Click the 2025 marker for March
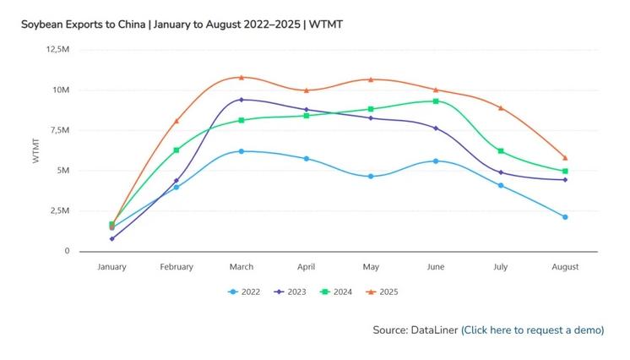click(241, 77)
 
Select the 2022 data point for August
click(565, 217)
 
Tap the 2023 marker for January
click(111, 238)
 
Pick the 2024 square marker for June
click(436, 101)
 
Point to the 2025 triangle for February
click(177, 121)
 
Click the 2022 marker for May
click(371, 177)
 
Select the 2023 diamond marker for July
click(501, 172)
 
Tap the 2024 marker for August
click(565, 172)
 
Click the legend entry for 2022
click(245, 292)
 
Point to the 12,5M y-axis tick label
click(57, 49)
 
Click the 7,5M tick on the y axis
click(57, 130)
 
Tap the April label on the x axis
click(306, 267)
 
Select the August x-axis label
click(565, 267)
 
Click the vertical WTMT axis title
click(35, 150)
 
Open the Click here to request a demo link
click(533, 330)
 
